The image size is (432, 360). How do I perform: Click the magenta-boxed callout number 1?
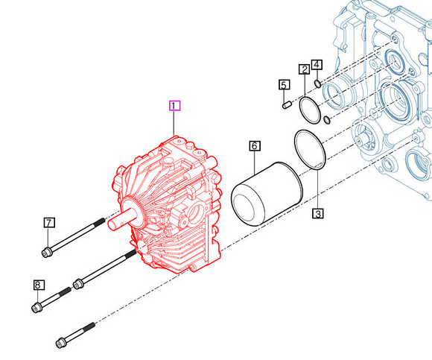[x=174, y=106]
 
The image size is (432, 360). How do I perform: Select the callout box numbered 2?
[x=304, y=69]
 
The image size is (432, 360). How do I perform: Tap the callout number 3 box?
[x=318, y=214]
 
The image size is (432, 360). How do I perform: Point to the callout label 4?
[x=317, y=65]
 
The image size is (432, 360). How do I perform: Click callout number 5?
[x=284, y=85]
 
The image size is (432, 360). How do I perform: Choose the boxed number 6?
[x=255, y=146]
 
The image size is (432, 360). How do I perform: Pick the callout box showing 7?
[x=49, y=222]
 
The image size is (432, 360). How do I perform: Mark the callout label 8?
[x=39, y=285]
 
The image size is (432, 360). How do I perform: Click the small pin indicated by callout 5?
[x=287, y=105]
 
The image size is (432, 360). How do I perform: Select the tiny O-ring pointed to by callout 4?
[x=317, y=83]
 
